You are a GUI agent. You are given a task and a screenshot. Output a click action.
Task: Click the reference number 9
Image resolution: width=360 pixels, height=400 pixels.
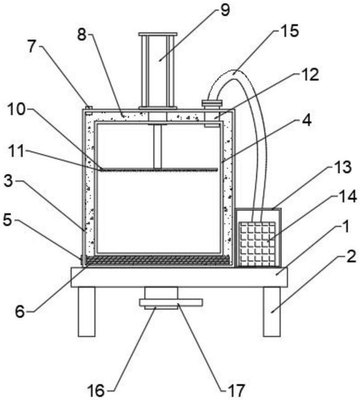(x=225, y=9)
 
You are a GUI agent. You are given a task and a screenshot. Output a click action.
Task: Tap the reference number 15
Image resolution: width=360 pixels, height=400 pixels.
(x=289, y=31)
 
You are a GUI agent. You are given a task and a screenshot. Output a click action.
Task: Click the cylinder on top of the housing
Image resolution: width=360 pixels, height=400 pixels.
(x=158, y=70)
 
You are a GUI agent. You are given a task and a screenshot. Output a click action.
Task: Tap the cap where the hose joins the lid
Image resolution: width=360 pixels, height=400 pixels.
(x=211, y=103)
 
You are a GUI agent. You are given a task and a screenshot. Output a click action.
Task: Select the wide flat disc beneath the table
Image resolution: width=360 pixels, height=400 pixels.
(x=171, y=302)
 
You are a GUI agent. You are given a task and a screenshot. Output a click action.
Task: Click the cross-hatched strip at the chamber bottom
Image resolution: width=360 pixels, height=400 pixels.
(x=158, y=260)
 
